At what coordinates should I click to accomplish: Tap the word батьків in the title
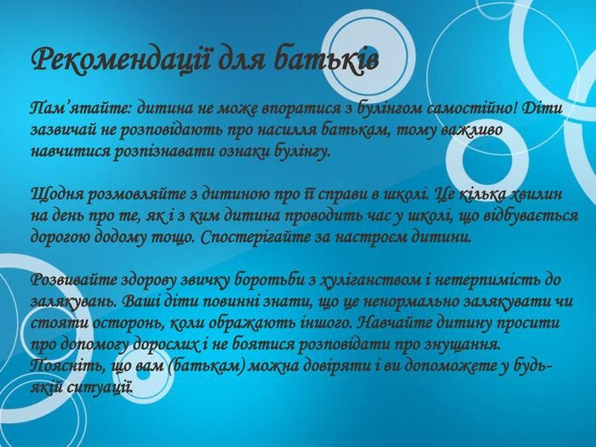click(x=326, y=59)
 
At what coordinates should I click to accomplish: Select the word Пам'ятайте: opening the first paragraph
click(x=81, y=109)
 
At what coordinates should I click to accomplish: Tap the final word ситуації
click(x=100, y=387)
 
